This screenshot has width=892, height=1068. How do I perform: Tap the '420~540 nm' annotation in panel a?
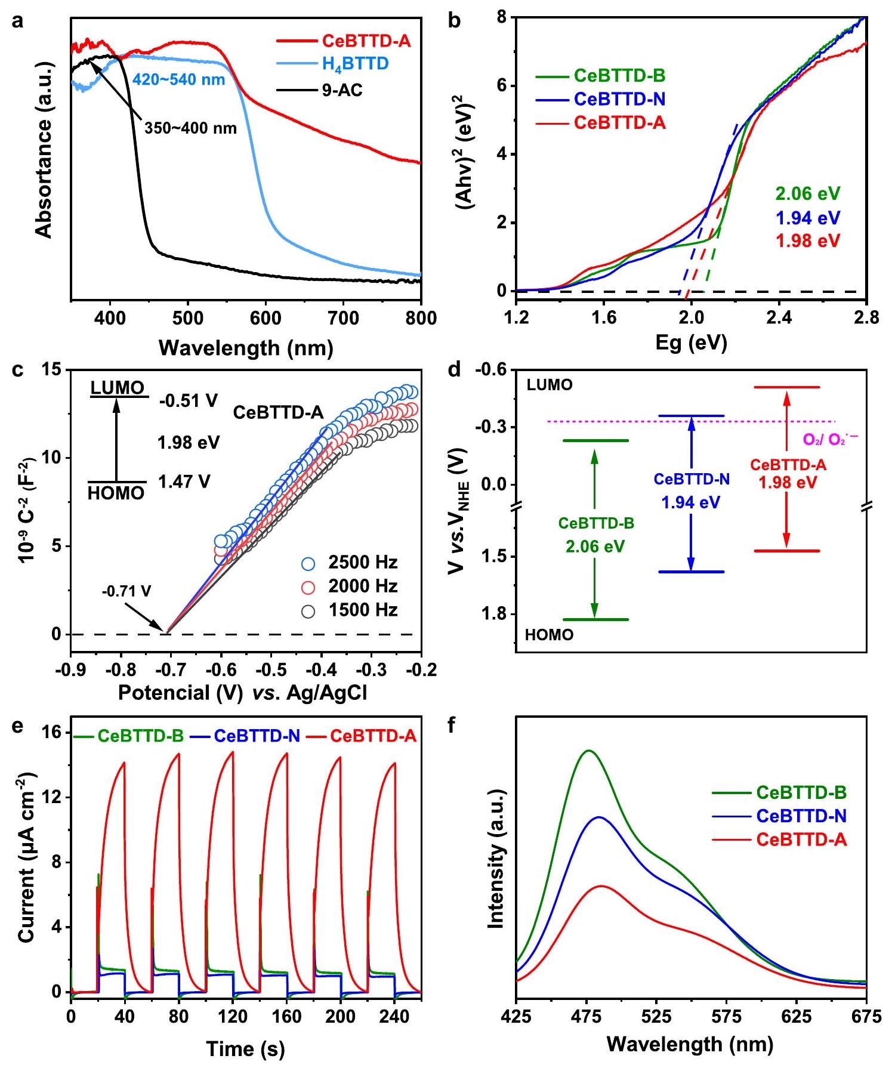[178, 79]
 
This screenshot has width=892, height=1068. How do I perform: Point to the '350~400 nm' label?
[191, 128]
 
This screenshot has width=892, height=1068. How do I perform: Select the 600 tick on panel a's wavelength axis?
[266, 317]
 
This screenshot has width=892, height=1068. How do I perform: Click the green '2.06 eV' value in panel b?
[807, 194]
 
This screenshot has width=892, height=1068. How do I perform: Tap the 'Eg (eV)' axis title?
[691, 342]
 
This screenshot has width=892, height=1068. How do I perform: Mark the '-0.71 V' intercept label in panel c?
[126, 591]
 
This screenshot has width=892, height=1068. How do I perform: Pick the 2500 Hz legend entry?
[363, 562]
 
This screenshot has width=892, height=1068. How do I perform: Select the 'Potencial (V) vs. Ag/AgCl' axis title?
[243, 692]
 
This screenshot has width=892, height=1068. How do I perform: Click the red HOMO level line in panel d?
[787, 551]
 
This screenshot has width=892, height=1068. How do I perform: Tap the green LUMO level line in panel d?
[595, 441]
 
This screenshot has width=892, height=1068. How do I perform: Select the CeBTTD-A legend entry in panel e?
[373, 736]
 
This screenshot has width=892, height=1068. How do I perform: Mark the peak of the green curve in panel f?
[589, 751]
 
